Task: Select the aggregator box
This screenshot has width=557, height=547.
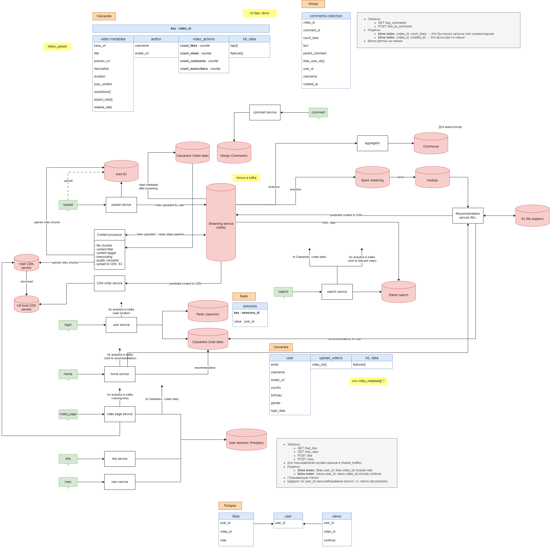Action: point(372,143)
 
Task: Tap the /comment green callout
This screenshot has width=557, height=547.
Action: point(318,112)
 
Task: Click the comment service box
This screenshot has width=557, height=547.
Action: point(265,112)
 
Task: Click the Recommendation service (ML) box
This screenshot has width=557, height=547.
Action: point(468,216)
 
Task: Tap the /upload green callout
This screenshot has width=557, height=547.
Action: point(68,205)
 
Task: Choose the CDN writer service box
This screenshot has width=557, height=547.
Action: point(109,283)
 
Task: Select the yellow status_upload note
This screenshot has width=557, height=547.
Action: point(57,46)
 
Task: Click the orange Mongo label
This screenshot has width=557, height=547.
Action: point(313,4)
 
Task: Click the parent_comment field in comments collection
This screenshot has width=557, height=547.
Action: point(315,53)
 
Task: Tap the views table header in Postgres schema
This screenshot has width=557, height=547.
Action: point(336,516)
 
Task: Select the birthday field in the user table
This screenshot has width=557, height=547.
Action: point(276,396)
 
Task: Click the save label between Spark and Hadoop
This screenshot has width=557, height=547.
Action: point(400,177)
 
